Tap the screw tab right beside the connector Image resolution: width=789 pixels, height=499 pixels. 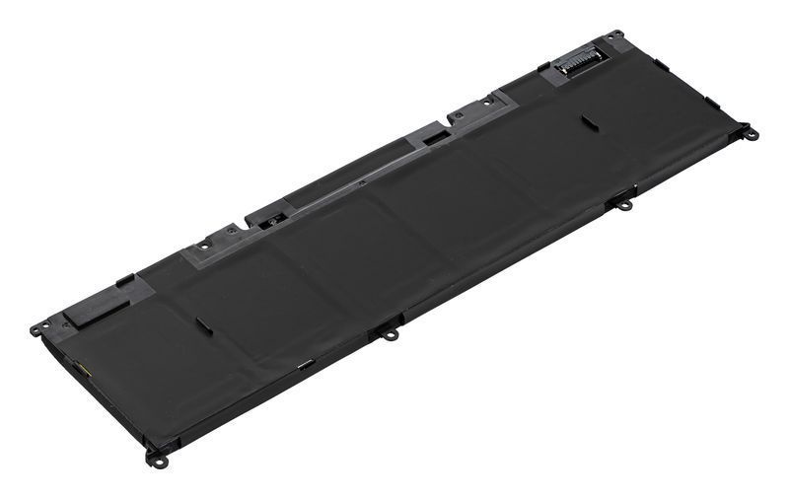(x=615, y=36)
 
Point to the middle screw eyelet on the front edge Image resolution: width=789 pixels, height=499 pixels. (x=391, y=334)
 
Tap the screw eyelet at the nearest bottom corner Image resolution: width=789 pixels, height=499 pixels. (x=155, y=457)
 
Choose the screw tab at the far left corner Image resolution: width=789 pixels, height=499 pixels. (x=37, y=328)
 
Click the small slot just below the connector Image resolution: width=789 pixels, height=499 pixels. (x=588, y=123)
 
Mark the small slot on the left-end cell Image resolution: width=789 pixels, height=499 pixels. (x=201, y=323)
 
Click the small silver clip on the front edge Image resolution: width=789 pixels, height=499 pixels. (x=304, y=366)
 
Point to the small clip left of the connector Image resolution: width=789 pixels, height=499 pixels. (x=541, y=67)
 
